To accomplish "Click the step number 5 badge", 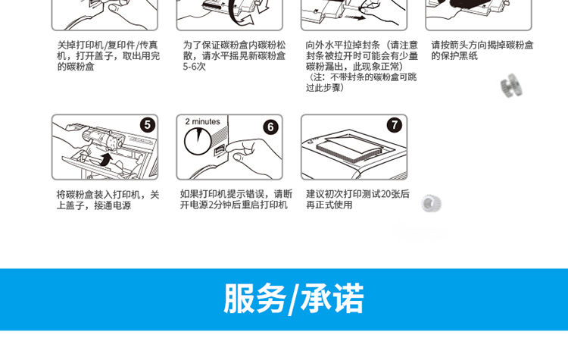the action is [148, 125].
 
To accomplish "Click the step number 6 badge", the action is [270, 127].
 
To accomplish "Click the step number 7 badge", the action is [395, 125].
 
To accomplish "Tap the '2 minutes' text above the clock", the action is [202, 121].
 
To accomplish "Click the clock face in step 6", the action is [198, 141].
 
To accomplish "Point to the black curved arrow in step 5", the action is [105, 159].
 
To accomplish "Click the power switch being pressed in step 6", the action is [220, 151].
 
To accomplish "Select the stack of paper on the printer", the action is [350, 148].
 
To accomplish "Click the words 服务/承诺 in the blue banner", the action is [293, 299].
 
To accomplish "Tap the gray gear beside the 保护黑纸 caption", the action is [511, 86].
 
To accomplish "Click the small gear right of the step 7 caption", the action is [431, 203].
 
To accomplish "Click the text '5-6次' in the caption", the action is [194, 67].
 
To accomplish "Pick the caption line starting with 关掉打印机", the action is [108, 45].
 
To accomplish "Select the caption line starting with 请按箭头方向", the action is [482, 45].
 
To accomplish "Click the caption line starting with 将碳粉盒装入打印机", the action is [108, 195].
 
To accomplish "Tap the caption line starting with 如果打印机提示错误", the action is [236, 194].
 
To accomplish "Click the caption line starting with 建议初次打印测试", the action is [358, 194].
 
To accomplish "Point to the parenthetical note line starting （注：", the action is [361, 77].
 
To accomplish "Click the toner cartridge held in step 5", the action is [103, 139].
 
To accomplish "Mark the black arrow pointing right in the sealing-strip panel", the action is [355, 17].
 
